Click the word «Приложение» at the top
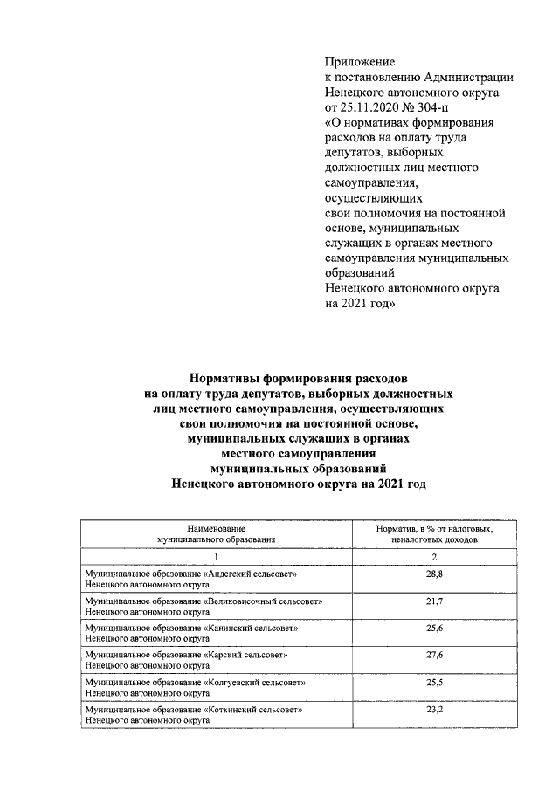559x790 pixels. [359, 62]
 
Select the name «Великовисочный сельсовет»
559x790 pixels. [264, 601]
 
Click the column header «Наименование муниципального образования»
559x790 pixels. [216, 534]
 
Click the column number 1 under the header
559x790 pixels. [216, 555]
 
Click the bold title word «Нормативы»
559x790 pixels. [229, 379]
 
